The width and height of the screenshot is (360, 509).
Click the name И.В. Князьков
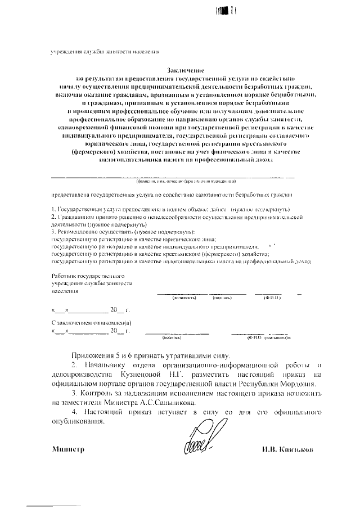[286, 450]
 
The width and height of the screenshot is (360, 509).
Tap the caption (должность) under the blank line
[184, 297]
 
